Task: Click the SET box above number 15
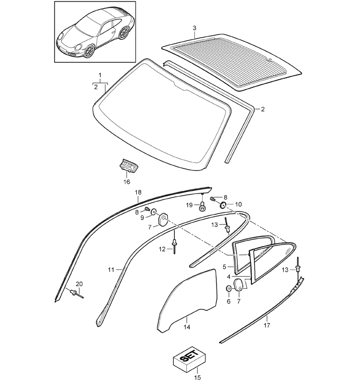coord(189,360)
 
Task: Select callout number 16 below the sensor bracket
coord(127,182)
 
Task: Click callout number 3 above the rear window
coord(194,28)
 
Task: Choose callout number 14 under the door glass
coord(187,327)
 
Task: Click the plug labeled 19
coord(202,206)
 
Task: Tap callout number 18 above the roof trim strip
coord(138,192)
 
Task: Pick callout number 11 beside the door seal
coord(111,270)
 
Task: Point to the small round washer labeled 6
coord(228,288)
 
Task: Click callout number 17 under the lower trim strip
coord(267,325)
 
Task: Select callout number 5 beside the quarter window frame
coord(224,267)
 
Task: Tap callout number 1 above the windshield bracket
coord(100,75)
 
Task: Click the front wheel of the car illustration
coord(89,51)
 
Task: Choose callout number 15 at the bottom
coord(197,378)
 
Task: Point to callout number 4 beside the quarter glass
coord(229,277)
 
